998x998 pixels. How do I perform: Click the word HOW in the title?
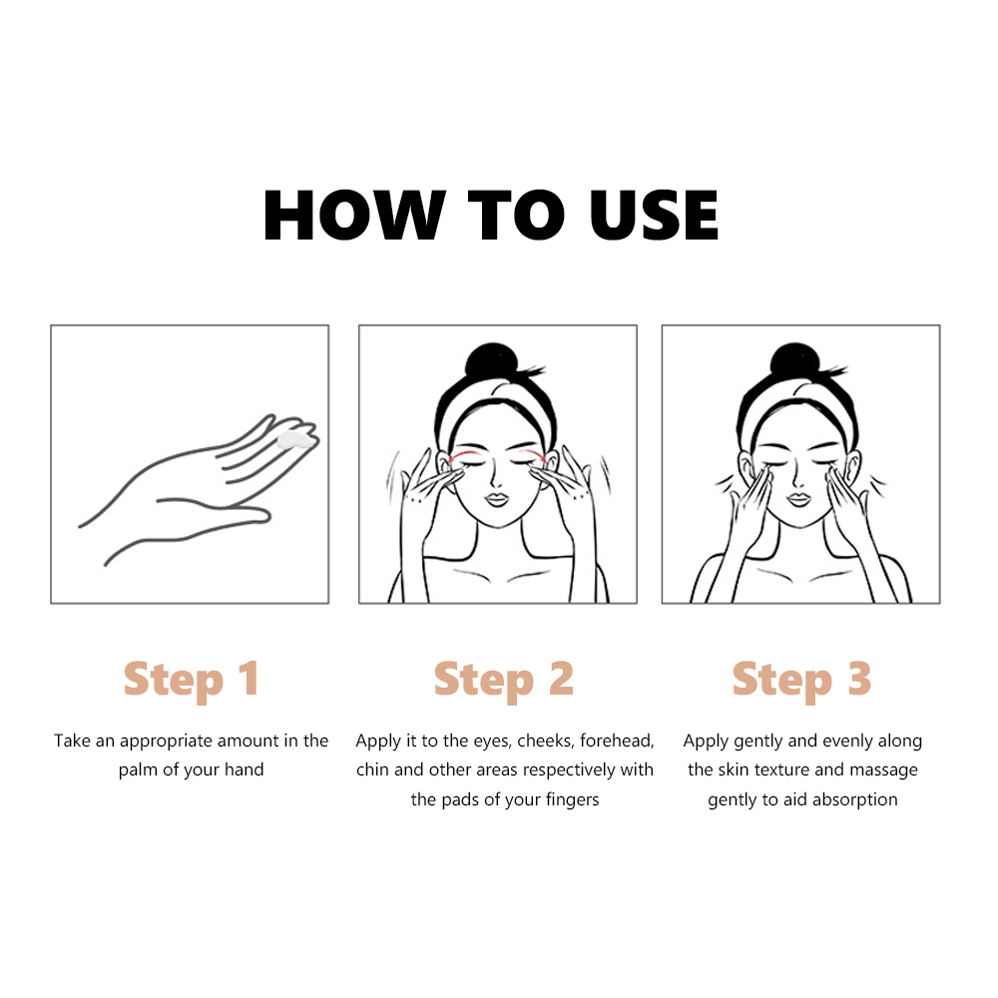(354, 216)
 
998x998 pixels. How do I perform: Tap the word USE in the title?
(654, 216)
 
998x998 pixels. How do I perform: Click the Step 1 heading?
(192, 681)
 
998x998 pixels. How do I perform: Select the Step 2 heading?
(503, 681)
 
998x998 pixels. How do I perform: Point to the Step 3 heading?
(801, 681)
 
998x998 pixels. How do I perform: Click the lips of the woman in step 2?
(496, 498)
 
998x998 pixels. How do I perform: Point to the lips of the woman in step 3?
(798, 498)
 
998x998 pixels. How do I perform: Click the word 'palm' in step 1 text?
(138, 770)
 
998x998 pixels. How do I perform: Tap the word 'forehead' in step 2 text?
(617, 741)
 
